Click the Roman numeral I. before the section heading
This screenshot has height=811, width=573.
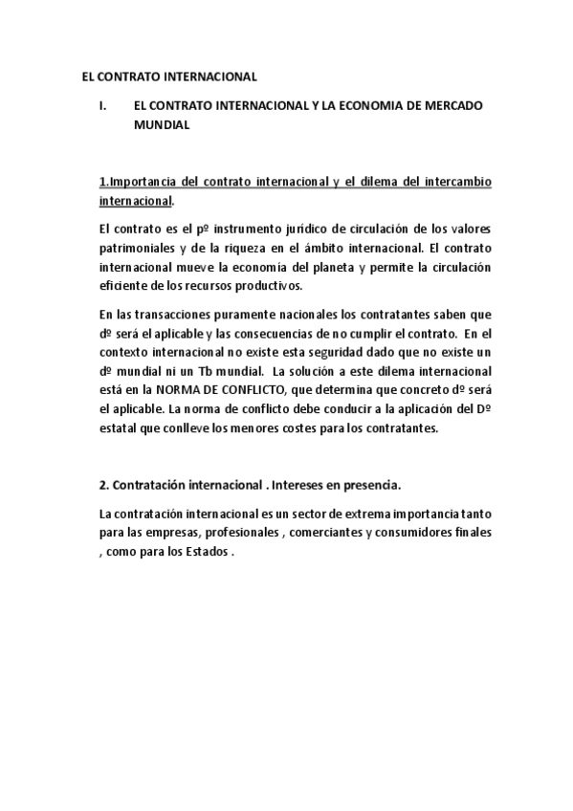pyautogui.click(x=103, y=106)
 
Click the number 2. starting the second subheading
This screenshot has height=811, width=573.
pyautogui.click(x=103, y=484)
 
